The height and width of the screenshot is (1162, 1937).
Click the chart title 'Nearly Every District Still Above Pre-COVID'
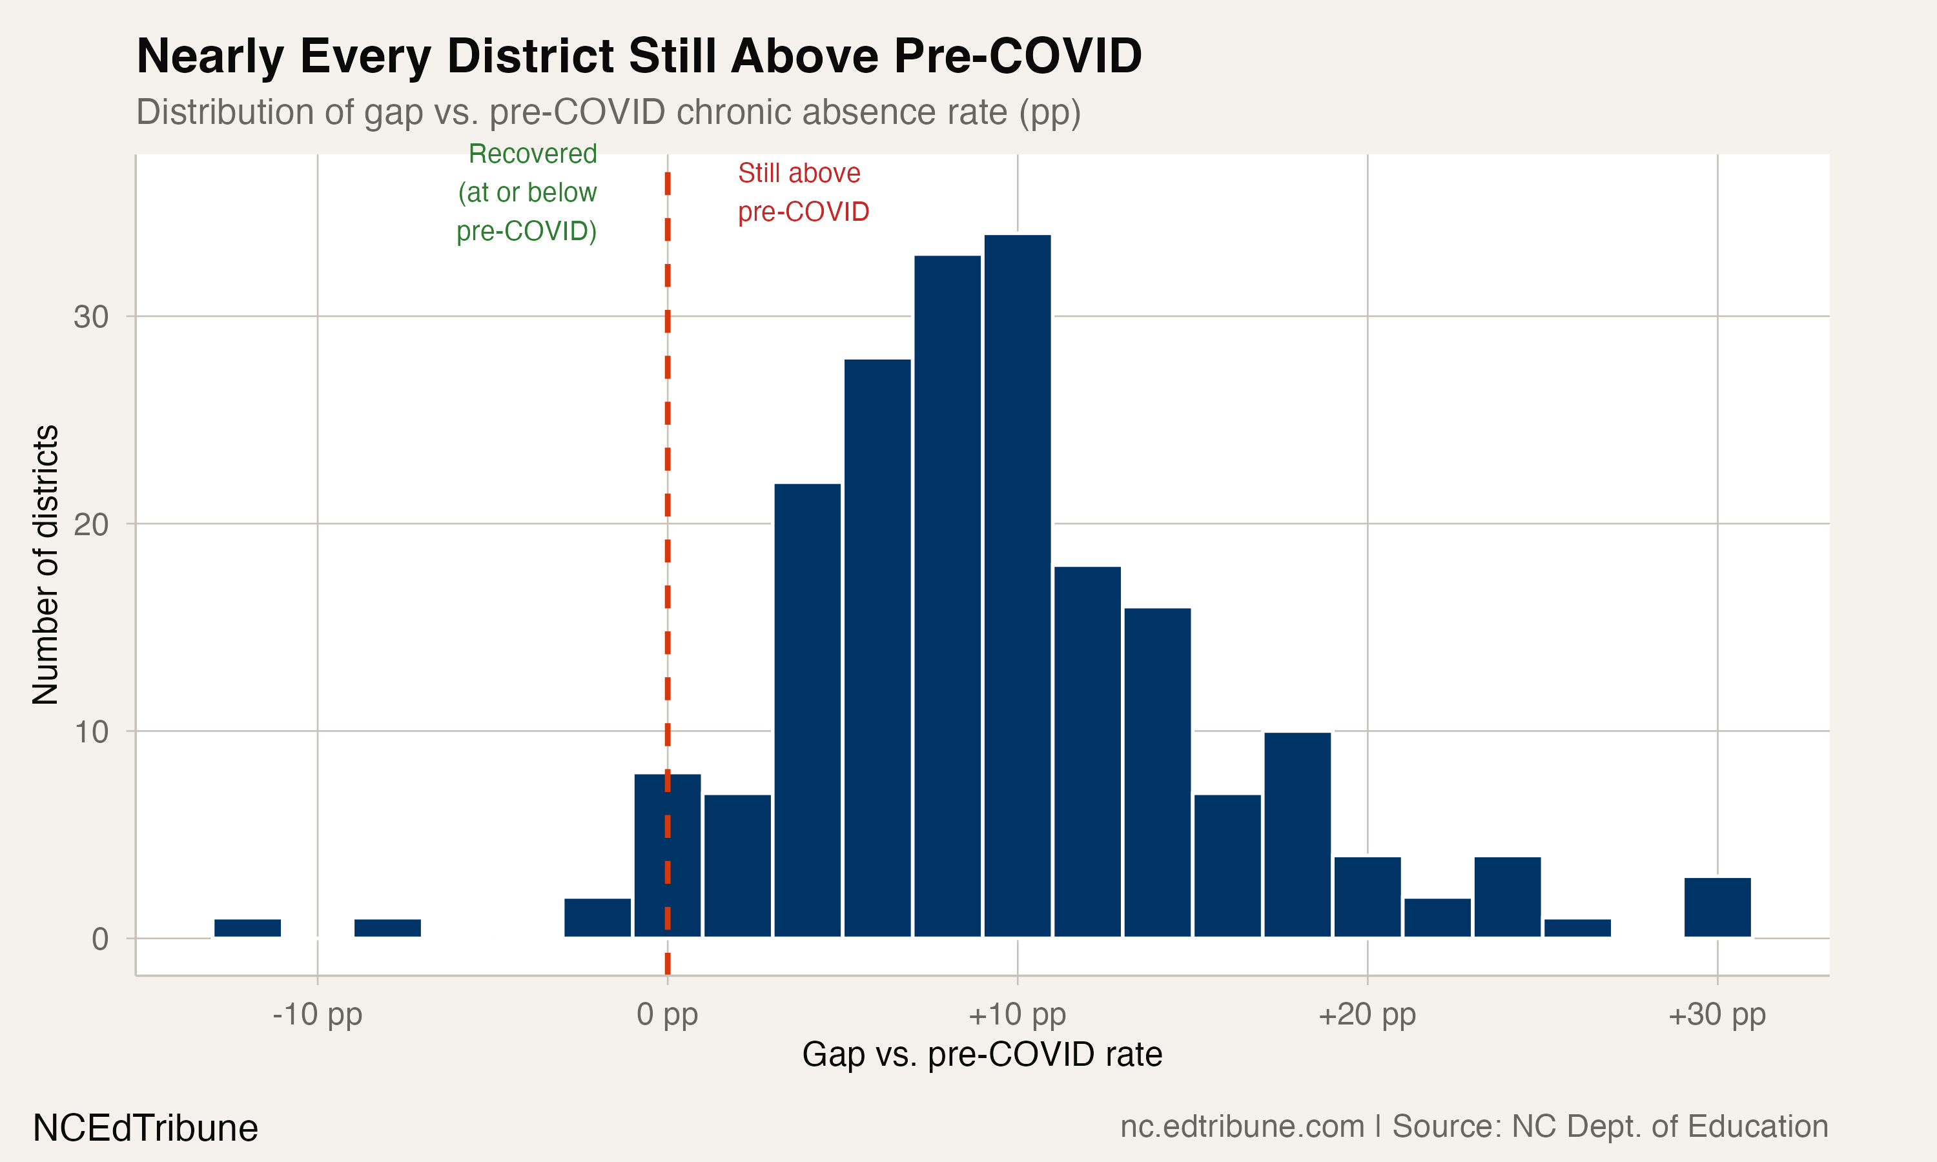[639, 56]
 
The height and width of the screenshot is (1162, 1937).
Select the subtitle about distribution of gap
[608, 112]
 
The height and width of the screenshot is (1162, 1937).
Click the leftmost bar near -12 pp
[247, 928]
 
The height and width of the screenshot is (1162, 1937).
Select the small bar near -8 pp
[387, 928]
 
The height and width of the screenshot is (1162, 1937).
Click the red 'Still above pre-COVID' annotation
[803, 192]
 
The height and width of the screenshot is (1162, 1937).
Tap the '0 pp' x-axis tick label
[667, 1014]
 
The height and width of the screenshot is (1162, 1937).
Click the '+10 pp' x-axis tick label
[1017, 1014]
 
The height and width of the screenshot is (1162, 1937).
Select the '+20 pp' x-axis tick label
[1367, 1014]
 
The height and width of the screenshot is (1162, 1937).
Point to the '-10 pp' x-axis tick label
[317, 1014]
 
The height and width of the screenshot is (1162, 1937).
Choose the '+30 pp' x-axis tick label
[1717, 1014]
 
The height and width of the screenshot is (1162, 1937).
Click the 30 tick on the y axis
[91, 317]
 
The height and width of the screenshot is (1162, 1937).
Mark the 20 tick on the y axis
[91, 524]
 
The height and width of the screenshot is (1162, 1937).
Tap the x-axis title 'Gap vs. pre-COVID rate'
[982, 1055]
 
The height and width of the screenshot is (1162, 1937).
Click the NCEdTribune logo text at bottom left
[146, 1128]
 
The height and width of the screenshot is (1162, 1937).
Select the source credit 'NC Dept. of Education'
[1669, 1126]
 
